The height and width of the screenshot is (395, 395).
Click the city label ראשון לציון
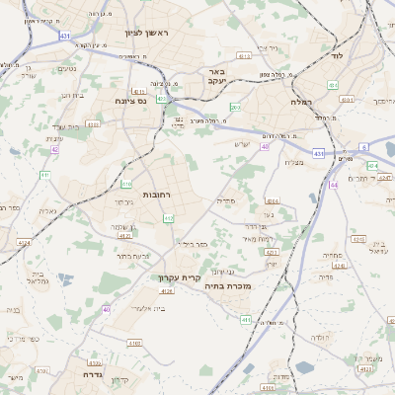(148, 34)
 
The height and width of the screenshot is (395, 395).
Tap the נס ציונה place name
(128, 101)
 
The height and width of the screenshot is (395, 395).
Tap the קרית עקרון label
(180, 277)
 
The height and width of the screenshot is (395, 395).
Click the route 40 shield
(107, 309)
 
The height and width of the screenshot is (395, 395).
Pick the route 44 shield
(335, 185)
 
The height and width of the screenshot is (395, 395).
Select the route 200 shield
(234, 108)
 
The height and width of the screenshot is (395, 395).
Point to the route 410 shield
(126, 184)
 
